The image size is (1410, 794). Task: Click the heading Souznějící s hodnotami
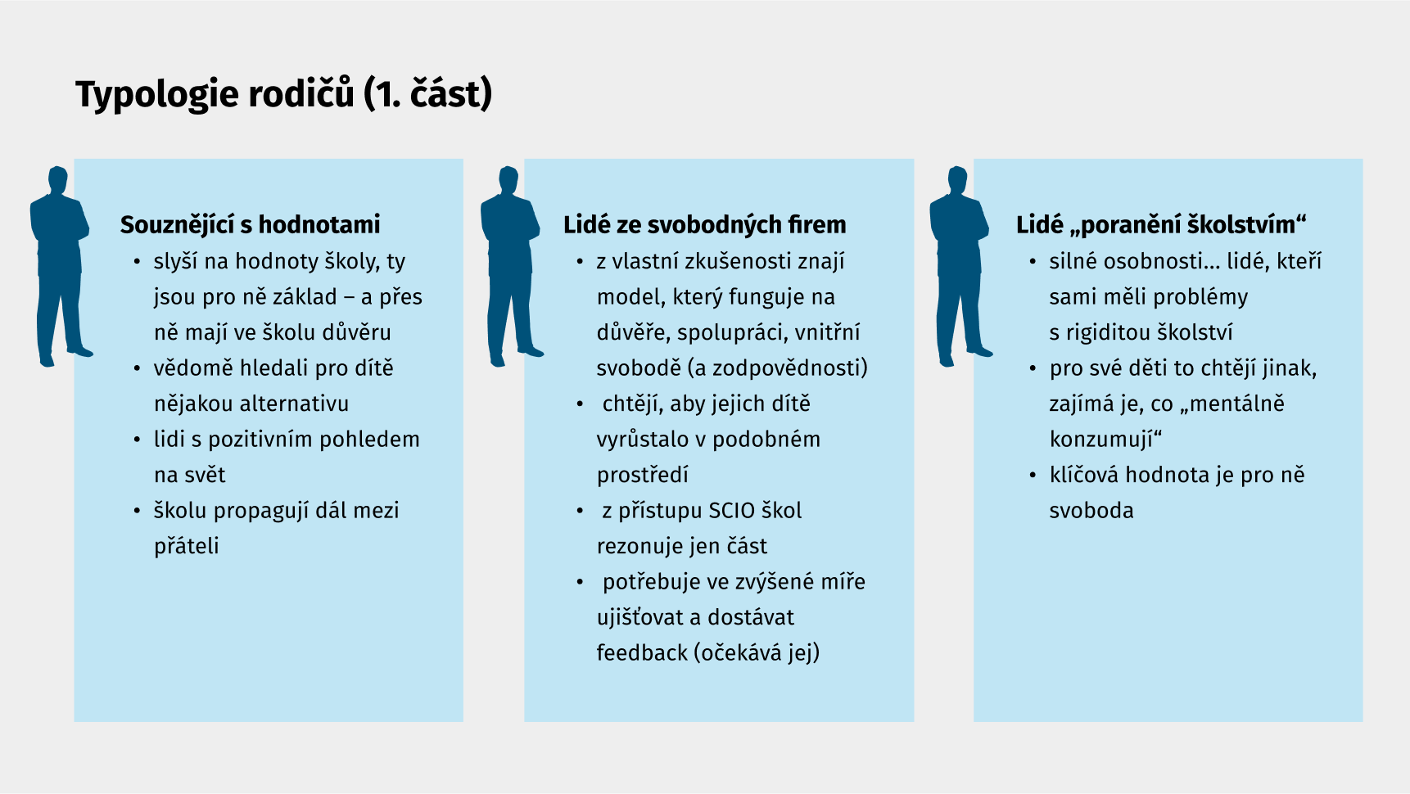coord(251,224)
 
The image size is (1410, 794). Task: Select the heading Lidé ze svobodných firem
coord(705,224)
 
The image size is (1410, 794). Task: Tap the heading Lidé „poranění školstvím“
coord(1161,224)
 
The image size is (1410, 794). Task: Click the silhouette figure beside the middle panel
coord(511,266)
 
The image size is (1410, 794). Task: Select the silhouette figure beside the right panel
coord(960,266)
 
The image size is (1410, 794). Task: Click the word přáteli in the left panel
coord(187,547)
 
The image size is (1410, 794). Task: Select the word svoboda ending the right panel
coord(1091,511)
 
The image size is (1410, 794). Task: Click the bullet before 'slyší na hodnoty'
coord(137,262)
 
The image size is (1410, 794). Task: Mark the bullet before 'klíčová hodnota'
coord(1033,476)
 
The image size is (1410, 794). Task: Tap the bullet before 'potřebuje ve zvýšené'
coord(580,583)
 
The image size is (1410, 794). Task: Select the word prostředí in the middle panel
coord(643,476)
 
